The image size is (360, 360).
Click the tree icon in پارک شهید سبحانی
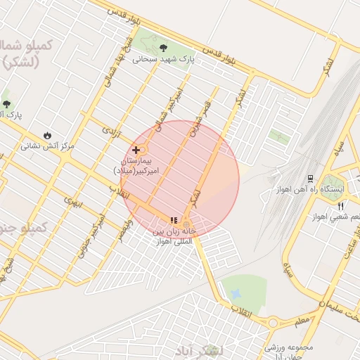[163, 49]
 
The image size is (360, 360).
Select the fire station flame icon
[47, 135]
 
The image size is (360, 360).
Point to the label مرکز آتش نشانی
[47, 146]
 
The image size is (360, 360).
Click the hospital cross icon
[136, 150]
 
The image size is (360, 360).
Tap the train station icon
[309, 179]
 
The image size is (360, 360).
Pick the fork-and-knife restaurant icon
[341, 206]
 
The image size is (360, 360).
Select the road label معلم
[302, 321]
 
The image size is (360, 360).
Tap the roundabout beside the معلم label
[273, 323]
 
